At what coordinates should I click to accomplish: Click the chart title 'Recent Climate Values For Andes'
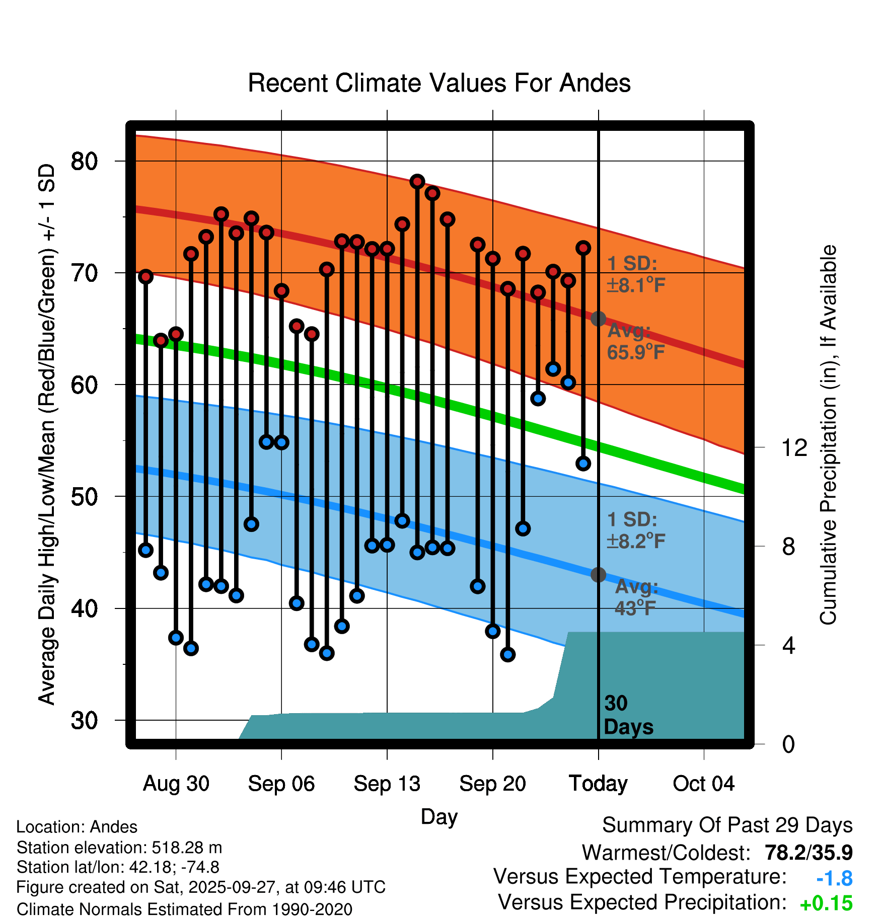pos(439,83)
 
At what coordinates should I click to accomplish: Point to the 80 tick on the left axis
pos(84,162)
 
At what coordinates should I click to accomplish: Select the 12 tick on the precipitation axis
pos(794,447)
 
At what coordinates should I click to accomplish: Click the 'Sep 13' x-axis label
pos(387,784)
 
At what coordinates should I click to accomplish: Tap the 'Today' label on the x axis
pos(598,784)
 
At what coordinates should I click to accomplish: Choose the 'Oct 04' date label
pos(703,784)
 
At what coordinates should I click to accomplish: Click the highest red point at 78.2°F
pos(417,182)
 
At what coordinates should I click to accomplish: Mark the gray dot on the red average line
pos(598,319)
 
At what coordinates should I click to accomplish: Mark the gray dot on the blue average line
pos(598,574)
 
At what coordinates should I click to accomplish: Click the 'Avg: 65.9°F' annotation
pos(635,342)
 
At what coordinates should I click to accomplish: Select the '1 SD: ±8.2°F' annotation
pos(635,530)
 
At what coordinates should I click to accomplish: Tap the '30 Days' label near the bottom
pos(628,715)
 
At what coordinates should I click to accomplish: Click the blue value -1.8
pos(834,879)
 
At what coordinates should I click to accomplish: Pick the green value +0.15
pos(826,904)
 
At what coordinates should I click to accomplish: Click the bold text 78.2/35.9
pos(809,853)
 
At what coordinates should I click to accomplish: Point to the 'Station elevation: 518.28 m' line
pos(119,848)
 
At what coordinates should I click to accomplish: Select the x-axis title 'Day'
pos(439,816)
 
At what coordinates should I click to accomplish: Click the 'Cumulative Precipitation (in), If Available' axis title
pos(828,435)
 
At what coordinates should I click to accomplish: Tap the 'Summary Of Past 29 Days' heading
pos(727,825)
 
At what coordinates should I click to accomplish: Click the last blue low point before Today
pos(583,464)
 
